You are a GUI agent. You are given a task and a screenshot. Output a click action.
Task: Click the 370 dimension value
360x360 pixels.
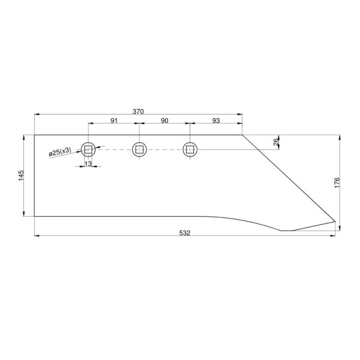(138, 112)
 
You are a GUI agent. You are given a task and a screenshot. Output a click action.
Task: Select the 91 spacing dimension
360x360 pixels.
(114, 121)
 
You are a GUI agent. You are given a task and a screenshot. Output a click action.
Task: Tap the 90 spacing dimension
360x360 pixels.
(164, 121)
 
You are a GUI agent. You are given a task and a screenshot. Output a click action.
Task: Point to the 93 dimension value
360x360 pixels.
(216, 121)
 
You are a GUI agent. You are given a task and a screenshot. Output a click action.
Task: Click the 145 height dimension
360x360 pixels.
(21, 175)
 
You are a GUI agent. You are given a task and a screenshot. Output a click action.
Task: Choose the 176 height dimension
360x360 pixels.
(337, 182)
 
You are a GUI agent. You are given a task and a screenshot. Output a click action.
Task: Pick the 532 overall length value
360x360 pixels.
(185, 233)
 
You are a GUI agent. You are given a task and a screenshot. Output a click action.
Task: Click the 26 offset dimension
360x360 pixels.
(276, 142)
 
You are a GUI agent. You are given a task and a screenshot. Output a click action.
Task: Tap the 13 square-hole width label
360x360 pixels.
(88, 164)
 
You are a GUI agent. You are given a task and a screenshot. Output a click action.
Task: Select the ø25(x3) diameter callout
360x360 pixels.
(60, 152)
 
